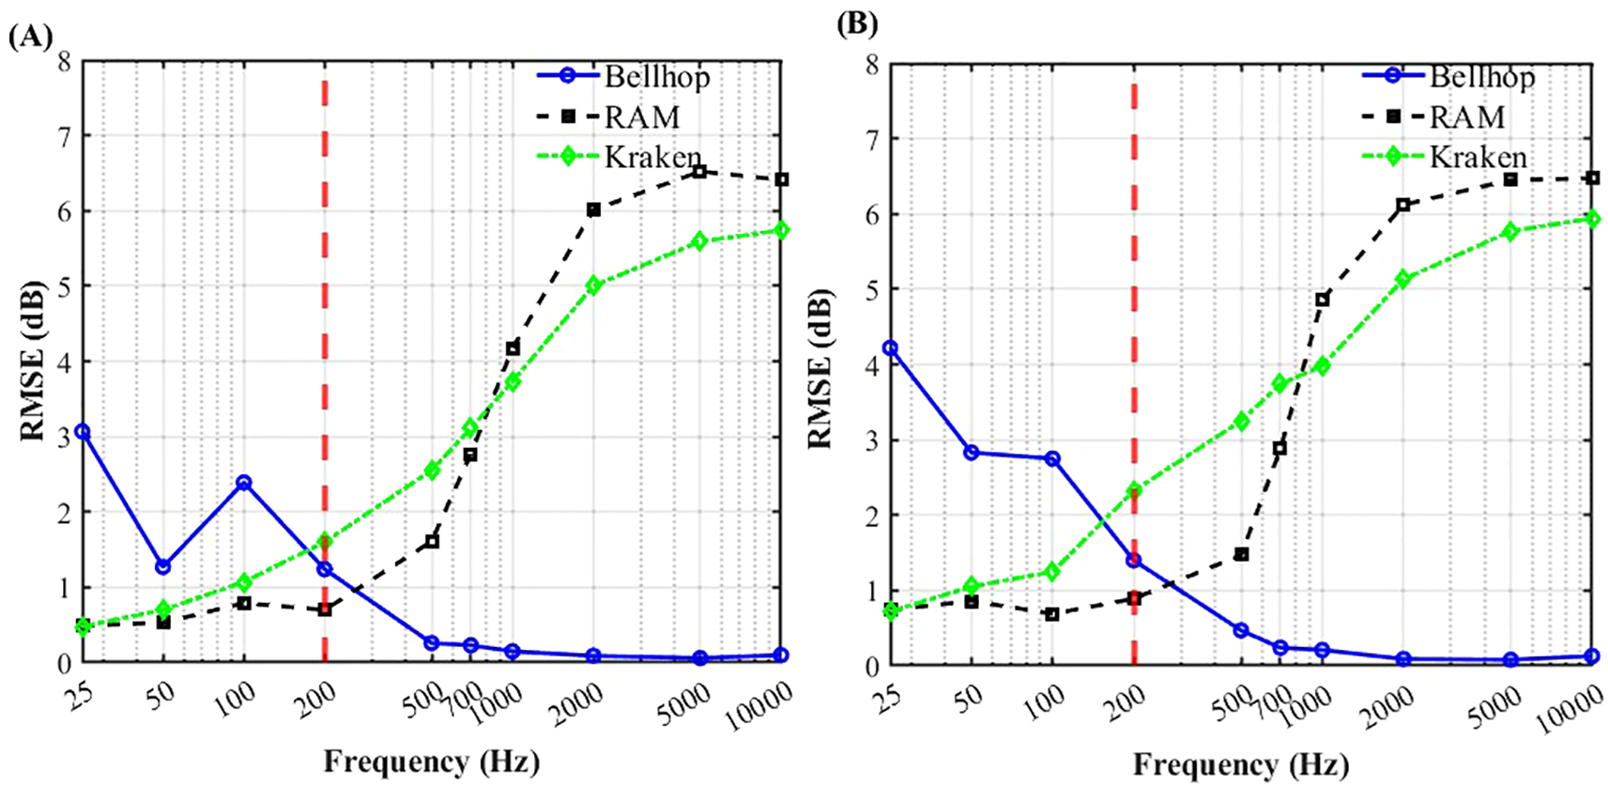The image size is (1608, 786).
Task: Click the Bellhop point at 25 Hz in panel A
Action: coord(83,432)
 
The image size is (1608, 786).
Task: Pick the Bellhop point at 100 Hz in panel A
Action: coord(244,483)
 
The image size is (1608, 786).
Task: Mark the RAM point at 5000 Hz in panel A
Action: coord(699,172)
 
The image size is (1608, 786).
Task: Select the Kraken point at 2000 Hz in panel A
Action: coord(593,285)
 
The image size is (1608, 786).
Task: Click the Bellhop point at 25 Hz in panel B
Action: coord(891,348)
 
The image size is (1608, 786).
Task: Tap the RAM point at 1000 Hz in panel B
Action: coord(1323,301)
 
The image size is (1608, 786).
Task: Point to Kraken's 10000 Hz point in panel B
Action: coord(1592,219)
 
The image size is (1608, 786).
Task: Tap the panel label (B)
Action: coord(856,24)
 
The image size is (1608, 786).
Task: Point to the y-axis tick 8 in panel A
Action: coord(64,62)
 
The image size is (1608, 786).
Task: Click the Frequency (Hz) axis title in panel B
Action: coord(1240,764)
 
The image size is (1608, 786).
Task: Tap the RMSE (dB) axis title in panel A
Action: coord(34,362)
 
